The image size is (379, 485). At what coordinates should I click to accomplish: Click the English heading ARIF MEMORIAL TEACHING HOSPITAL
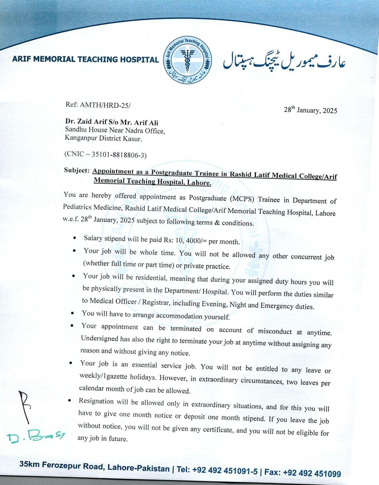(85, 59)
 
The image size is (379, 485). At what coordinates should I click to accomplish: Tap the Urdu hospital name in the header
(284, 61)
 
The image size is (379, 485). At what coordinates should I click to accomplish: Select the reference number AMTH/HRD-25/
(105, 105)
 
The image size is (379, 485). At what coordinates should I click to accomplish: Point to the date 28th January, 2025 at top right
(310, 110)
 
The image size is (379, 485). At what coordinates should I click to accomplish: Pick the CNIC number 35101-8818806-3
(119, 155)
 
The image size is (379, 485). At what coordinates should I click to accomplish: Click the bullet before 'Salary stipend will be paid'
(75, 238)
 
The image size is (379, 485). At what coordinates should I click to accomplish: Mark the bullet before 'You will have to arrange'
(72, 313)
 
